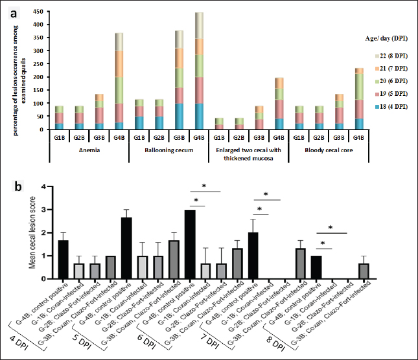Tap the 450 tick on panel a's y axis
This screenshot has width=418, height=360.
pyautogui.click(x=34, y=12)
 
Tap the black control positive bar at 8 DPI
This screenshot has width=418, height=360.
pyautogui.click(x=317, y=267)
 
